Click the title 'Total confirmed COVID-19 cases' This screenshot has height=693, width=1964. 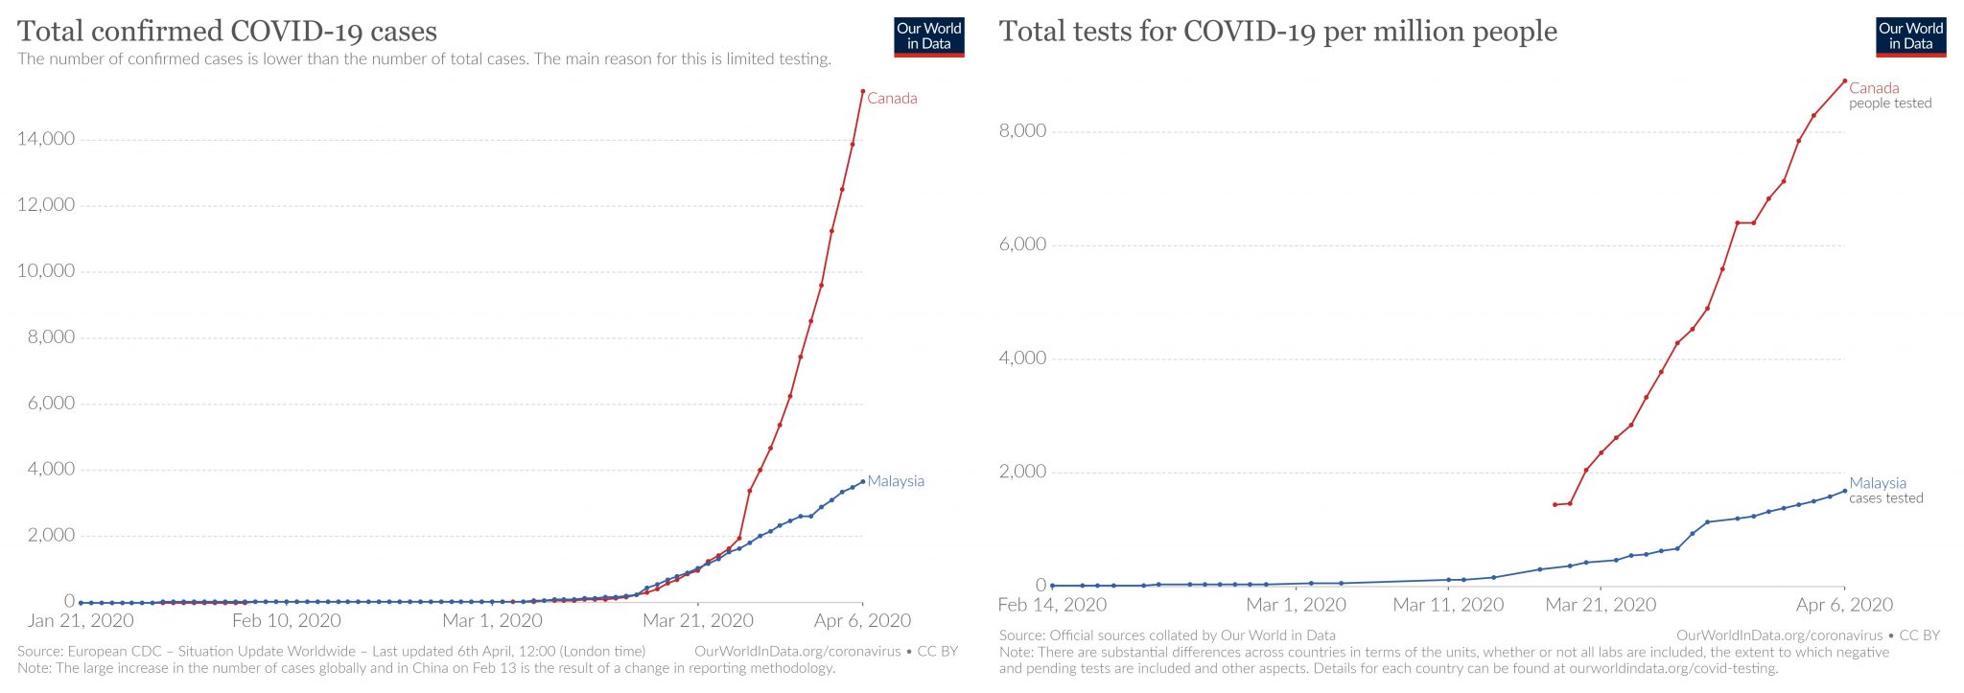pos(227,32)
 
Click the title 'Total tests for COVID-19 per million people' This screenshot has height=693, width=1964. pos(1277,32)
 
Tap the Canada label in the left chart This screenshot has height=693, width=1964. pos(892,98)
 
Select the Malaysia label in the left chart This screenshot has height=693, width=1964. pos(896,481)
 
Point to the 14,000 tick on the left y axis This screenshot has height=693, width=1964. pos(46,139)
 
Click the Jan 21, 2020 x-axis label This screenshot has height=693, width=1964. pos(81,621)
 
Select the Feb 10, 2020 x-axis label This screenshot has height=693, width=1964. pos(287,621)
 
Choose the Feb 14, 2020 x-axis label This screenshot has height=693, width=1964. pos(1052,605)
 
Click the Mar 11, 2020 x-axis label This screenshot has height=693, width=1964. pos(1448,605)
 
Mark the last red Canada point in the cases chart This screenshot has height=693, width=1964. pos(863,92)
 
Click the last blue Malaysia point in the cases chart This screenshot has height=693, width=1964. pos(863,481)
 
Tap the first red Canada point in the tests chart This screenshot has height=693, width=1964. pos(1555,504)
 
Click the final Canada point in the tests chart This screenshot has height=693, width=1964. pos(1844,81)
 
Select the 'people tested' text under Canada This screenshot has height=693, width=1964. pos(1890,104)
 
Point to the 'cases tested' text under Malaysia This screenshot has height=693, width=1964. pos(1885,498)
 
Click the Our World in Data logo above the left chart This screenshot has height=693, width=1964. pos(928,36)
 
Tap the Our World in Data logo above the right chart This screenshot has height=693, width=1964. pos(1910,36)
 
